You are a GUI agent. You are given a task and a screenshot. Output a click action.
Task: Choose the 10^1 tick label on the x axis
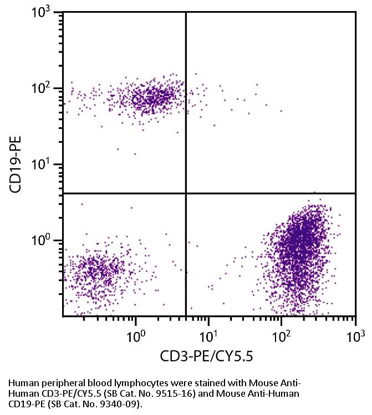pyautogui.click(x=209, y=335)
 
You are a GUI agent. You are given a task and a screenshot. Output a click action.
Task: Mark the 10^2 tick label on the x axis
pyautogui.click(x=283, y=335)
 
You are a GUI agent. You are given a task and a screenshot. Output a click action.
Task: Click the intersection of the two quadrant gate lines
pyautogui.click(x=185, y=194)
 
